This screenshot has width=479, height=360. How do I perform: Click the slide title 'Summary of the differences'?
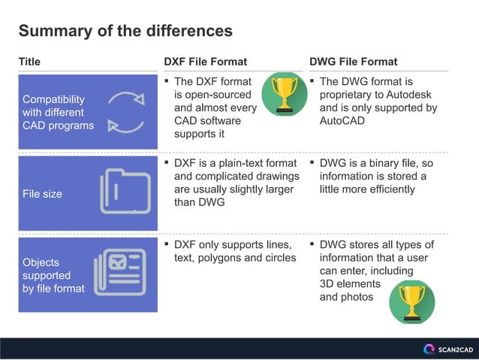coord(125,31)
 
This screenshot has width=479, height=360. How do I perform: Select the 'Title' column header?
coord(29,62)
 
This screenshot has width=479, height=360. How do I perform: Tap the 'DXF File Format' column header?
coord(205,62)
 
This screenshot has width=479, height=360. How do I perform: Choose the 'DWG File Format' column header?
coord(353,62)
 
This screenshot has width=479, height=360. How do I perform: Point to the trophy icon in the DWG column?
coord(411,301)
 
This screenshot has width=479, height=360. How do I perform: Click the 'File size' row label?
coord(43,194)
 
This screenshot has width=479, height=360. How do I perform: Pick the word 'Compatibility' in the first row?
coord(53,99)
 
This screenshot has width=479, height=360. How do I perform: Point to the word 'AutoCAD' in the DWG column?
coord(342,120)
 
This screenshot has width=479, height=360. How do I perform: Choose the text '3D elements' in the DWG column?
coord(350,284)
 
